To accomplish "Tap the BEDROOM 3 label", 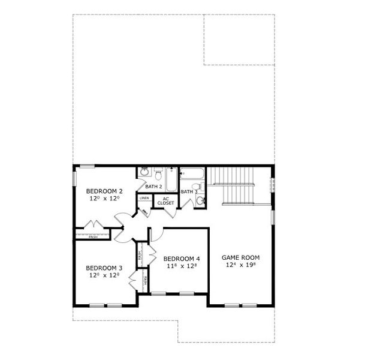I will (x=104, y=268).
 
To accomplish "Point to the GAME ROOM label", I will (x=241, y=257).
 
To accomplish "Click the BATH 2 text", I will (x=154, y=187).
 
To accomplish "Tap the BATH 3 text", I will (x=189, y=191).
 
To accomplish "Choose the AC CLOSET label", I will (x=166, y=201).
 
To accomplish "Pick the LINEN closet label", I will (x=144, y=197).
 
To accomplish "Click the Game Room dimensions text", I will (x=241, y=265).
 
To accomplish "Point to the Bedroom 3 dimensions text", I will (x=104, y=275).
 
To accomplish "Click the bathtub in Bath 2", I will (x=171, y=179).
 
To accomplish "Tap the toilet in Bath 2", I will (x=158, y=175).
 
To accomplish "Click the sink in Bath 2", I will (x=144, y=173).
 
